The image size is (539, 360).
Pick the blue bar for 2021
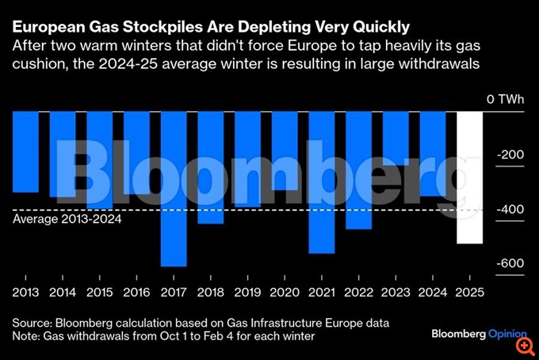coord(321,182)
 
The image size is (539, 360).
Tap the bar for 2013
coord(25,151)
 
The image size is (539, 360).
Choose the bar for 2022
coord(358,170)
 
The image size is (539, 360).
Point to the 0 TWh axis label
coord(506,99)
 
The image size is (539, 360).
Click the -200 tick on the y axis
coord(509,155)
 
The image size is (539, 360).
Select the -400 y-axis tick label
coord(509,209)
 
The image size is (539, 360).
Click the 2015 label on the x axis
coord(99,292)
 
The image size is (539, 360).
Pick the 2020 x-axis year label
coord(284,292)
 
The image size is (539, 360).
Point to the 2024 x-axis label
coord(432,292)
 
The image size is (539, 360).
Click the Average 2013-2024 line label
coord(67,220)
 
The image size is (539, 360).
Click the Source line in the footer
coord(201,324)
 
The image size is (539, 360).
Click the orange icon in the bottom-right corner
coord(524,346)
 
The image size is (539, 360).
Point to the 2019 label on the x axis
coord(247,292)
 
